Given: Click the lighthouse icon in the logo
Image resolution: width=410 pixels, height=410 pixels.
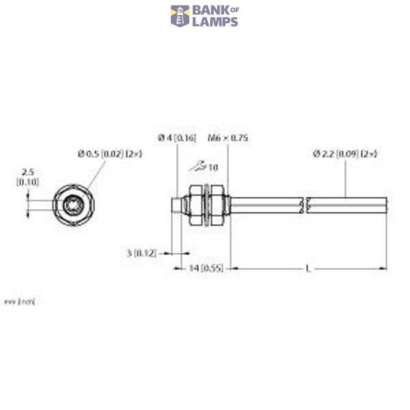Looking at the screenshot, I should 180,16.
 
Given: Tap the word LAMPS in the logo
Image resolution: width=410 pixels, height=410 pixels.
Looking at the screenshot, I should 215,22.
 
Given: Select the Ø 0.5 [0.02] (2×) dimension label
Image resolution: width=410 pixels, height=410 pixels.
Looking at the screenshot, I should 110,154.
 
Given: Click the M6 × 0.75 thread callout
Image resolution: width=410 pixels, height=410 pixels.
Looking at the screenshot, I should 228,138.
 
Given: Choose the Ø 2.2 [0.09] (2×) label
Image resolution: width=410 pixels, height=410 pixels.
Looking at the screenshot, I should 345,154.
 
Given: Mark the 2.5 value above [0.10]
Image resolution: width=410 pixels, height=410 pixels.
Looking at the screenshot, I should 27,172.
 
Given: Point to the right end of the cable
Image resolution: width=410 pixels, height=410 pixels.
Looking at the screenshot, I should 388,204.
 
